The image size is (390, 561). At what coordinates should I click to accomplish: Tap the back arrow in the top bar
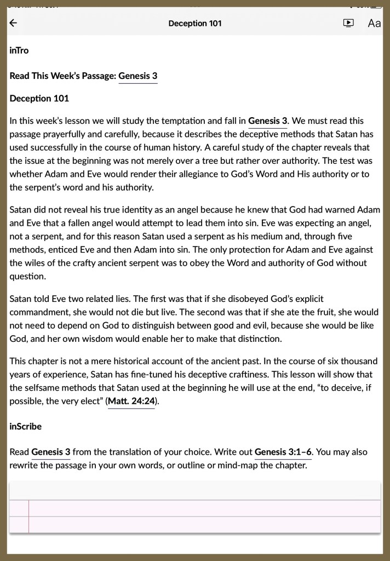pos(14,23)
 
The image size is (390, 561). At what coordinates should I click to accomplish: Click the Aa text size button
pos(374,23)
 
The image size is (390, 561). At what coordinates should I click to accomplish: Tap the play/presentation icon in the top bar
pos(348,23)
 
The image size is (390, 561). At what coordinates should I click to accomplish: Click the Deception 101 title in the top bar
pos(195,23)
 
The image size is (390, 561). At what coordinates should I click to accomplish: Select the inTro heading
pos(19,50)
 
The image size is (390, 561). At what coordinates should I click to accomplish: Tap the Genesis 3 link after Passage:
pos(138,76)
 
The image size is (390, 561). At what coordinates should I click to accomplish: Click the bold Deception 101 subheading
pos(39,99)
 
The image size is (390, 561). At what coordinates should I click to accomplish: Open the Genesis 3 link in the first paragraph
pos(268,121)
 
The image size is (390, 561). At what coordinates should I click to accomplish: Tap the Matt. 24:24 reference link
pos(131,401)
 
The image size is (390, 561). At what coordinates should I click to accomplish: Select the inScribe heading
pos(26,426)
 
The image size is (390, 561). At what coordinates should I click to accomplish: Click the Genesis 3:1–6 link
pos(283,453)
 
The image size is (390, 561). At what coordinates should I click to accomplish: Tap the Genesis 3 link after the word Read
pos(51,453)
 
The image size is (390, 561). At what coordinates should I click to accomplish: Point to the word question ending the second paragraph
pos(27,276)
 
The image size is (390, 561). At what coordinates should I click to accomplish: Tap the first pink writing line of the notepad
pos(203,508)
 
